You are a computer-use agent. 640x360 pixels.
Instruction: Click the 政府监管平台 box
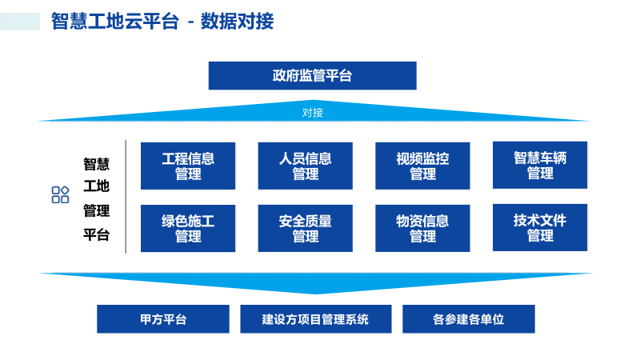[x=312, y=76]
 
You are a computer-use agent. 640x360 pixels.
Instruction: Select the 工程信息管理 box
[x=188, y=166]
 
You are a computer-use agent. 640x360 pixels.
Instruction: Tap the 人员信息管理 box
[x=305, y=166]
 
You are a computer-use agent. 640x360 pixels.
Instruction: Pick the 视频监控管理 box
[x=422, y=166]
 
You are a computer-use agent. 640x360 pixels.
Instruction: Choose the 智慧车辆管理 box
[x=540, y=165]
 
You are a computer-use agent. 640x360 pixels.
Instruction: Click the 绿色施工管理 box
[x=188, y=229]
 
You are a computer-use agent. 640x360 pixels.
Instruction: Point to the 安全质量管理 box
[x=305, y=229]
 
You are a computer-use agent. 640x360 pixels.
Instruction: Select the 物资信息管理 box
[x=422, y=229]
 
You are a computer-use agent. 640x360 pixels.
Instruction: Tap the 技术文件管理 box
[x=540, y=228]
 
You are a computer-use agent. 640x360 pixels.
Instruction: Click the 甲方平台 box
[x=163, y=319]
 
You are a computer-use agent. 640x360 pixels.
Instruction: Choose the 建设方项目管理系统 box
[x=315, y=319]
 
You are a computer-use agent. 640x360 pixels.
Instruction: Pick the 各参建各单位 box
[x=468, y=319]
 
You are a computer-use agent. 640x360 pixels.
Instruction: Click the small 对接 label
[x=313, y=113]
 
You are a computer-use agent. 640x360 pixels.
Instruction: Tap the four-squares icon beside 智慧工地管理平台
[x=60, y=194]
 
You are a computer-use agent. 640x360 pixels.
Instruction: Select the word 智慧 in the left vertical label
[x=97, y=164]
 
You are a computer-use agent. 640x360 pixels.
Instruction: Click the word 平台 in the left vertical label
[x=97, y=235]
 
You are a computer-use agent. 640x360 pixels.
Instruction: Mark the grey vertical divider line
[x=126, y=197]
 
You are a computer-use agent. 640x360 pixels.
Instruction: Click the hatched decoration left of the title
[x=20, y=21]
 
